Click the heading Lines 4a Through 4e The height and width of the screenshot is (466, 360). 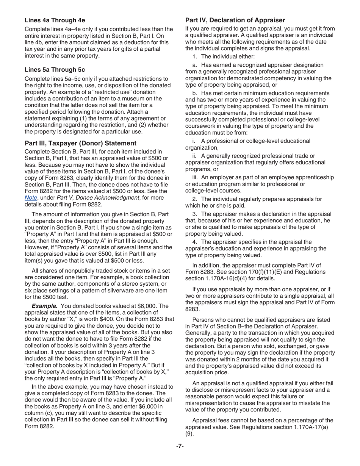tap(55, 20)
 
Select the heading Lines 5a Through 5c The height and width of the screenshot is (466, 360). tap(55, 70)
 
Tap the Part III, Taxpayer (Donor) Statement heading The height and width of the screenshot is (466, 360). tap(80, 143)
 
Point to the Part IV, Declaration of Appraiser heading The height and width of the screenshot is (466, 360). tap(235, 20)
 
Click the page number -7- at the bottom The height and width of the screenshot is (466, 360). tap(180, 446)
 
